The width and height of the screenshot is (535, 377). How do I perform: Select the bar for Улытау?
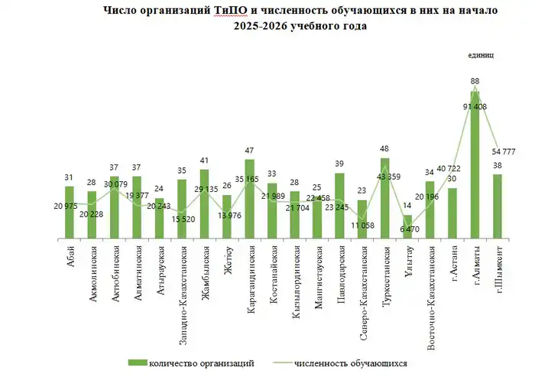pyautogui.click(x=407, y=226)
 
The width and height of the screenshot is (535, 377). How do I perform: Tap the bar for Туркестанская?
pyautogui.click(x=384, y=199)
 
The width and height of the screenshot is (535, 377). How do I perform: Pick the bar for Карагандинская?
pyautogui.click(x=249, y=199)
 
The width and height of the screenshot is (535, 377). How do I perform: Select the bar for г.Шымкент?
pyautogui.click(x=498, y=206)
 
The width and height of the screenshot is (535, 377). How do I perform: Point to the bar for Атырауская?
pyautogui.click(x=159, y=219)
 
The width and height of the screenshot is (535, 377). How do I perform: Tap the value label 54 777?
pyautogui.click(x=504, y=151)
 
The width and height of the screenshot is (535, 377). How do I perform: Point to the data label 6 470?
pyautogui.click(x=410, y=229)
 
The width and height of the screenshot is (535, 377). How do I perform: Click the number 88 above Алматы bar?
pyautogui.click(x=475, y=81)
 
